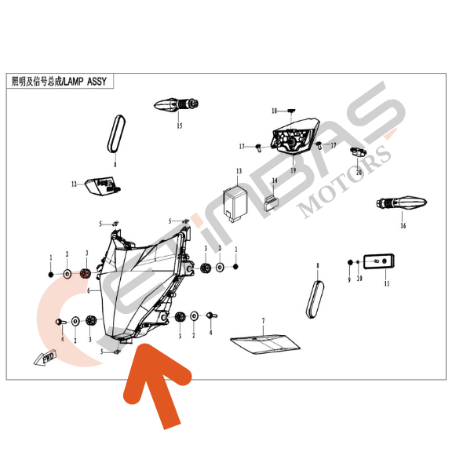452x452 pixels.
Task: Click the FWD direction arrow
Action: (45, 358)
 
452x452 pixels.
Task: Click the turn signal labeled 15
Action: (177, 104)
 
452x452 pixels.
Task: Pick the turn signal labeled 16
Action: (402, 202)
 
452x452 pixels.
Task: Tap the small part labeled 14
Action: (272, 202)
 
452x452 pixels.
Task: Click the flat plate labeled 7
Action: (265, 344)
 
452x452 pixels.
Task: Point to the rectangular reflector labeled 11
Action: (378, 261)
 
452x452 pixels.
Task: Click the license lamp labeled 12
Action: (103, 186)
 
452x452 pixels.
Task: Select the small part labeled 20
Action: (358, 152)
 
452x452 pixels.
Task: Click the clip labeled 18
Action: (291, 111)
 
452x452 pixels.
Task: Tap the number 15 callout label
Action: (180, 126)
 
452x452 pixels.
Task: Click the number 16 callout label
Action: (403, 225)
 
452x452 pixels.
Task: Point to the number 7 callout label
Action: (263, 320)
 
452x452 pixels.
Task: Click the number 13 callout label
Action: (239, 171)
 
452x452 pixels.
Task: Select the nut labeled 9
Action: (350, 262)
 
